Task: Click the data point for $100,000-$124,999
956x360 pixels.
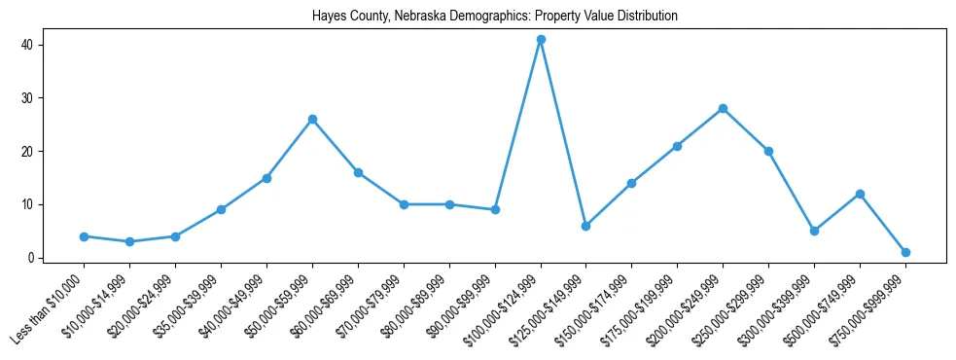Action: tap(541, 40)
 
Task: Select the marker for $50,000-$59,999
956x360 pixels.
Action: tap(312, 120)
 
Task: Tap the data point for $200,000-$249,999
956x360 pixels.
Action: tap(723, 109)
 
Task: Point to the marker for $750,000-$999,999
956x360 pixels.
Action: tap(905, 253)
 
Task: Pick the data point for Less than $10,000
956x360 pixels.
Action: tap(85, 236)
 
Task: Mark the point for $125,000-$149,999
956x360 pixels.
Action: tap(586, 226)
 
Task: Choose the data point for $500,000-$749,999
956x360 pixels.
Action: tap(860, 194)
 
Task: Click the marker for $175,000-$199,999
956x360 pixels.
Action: tap(677, 146)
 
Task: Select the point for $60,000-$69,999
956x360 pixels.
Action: tap(358, 172)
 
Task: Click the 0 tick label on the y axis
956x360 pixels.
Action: tap(31, 258)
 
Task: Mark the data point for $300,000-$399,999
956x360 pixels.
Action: tap(814, 232)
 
